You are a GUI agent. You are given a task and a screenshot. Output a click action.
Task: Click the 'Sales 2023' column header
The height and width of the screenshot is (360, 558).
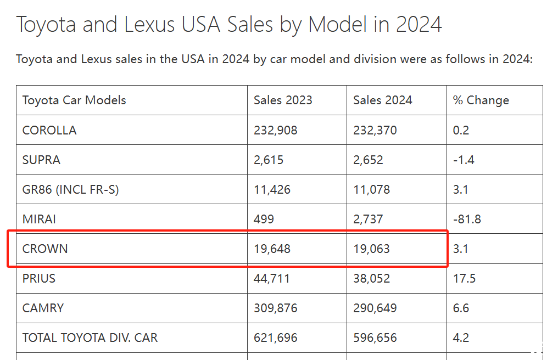(283, 100)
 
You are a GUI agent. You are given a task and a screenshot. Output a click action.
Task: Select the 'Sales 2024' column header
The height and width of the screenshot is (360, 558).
(382, 100)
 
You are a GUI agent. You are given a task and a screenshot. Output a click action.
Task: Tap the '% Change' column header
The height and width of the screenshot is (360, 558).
(481, 100)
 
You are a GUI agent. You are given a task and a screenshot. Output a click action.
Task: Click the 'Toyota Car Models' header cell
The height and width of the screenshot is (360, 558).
(74, 100)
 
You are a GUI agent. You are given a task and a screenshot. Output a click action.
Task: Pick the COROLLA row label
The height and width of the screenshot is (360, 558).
(49, 130)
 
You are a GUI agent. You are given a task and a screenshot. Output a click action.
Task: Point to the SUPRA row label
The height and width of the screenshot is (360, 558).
(41, 160)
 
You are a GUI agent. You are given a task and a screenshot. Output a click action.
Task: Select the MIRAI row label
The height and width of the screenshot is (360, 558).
(39, 219)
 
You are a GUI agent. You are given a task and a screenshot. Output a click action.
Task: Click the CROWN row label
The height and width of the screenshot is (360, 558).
(45, 249)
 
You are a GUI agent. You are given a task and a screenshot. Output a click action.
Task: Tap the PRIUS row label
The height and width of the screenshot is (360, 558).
(39, 278)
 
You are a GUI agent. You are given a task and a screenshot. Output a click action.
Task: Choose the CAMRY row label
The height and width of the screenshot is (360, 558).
(43, 308)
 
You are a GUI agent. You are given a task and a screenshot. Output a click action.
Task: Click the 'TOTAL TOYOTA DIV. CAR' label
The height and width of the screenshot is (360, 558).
(90, 337)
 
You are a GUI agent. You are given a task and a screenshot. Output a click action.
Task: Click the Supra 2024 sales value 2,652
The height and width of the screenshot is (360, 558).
(368, 160)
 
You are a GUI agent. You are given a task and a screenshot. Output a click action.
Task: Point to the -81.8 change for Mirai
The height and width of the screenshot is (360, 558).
(467, 219)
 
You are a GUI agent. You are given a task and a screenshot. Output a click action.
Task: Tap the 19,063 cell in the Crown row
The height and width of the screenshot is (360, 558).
(371, 249)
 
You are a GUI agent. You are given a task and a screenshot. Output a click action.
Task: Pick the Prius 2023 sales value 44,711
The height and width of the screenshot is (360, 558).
(272, 278)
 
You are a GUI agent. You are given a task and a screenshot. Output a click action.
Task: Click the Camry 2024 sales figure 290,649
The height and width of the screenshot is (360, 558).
(375, 308)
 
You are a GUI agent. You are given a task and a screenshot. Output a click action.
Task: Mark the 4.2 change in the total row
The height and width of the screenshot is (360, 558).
(461, 337)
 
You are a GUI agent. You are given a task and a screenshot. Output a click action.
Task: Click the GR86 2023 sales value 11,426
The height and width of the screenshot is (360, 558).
(272, 189)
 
